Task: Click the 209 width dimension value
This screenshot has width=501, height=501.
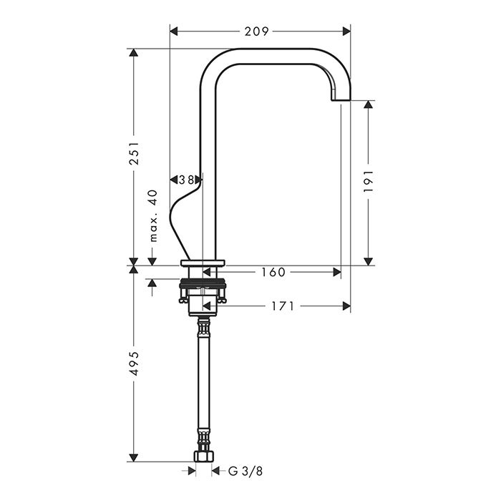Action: pos(256,31)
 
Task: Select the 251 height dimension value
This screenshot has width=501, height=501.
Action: pos(135,153)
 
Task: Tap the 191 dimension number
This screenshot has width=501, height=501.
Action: pos(369,181)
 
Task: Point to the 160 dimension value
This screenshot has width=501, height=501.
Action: pos(273,272)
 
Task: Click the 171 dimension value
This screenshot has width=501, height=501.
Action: pos(283,306)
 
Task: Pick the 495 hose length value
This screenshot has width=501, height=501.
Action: pos(135,364)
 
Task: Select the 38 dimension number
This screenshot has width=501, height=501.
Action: pos(186,180)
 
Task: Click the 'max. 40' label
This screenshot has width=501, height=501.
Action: pos(154,215)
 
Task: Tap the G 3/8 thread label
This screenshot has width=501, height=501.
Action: pos(245,471)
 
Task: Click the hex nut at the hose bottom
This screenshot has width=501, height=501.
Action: pos(203,457)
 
